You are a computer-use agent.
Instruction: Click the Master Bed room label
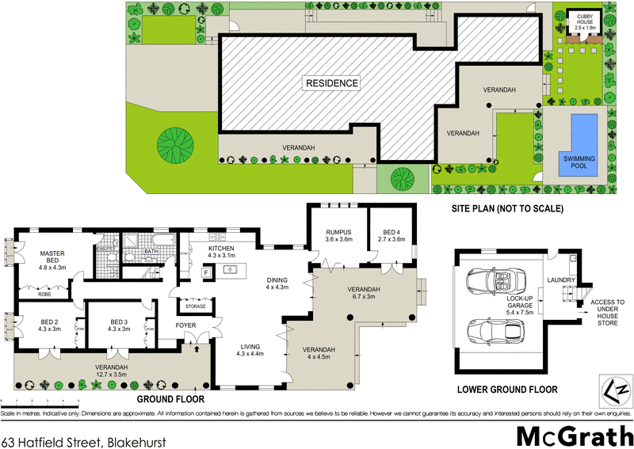pyautogui.click(x=52, y=261)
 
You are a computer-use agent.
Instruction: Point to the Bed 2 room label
pyautogui.click(x=50, y=326)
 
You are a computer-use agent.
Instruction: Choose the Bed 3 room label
pyautogui.click(x=120, y=326)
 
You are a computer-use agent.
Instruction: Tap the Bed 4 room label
pyautogui.click(x=391, y=234)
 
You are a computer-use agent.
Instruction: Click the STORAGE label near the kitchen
pyautogui.click(x=195, y=306)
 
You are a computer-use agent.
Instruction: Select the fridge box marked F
pyautogui.click(x=205, y=273)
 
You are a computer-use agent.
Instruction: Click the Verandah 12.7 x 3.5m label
pyautogui.click(x=111, y=371)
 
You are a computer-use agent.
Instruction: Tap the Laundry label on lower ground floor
pyautogui.click(x=560, y=280)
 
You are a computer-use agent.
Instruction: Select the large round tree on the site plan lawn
pyautogui.click(x=175, y=145)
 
